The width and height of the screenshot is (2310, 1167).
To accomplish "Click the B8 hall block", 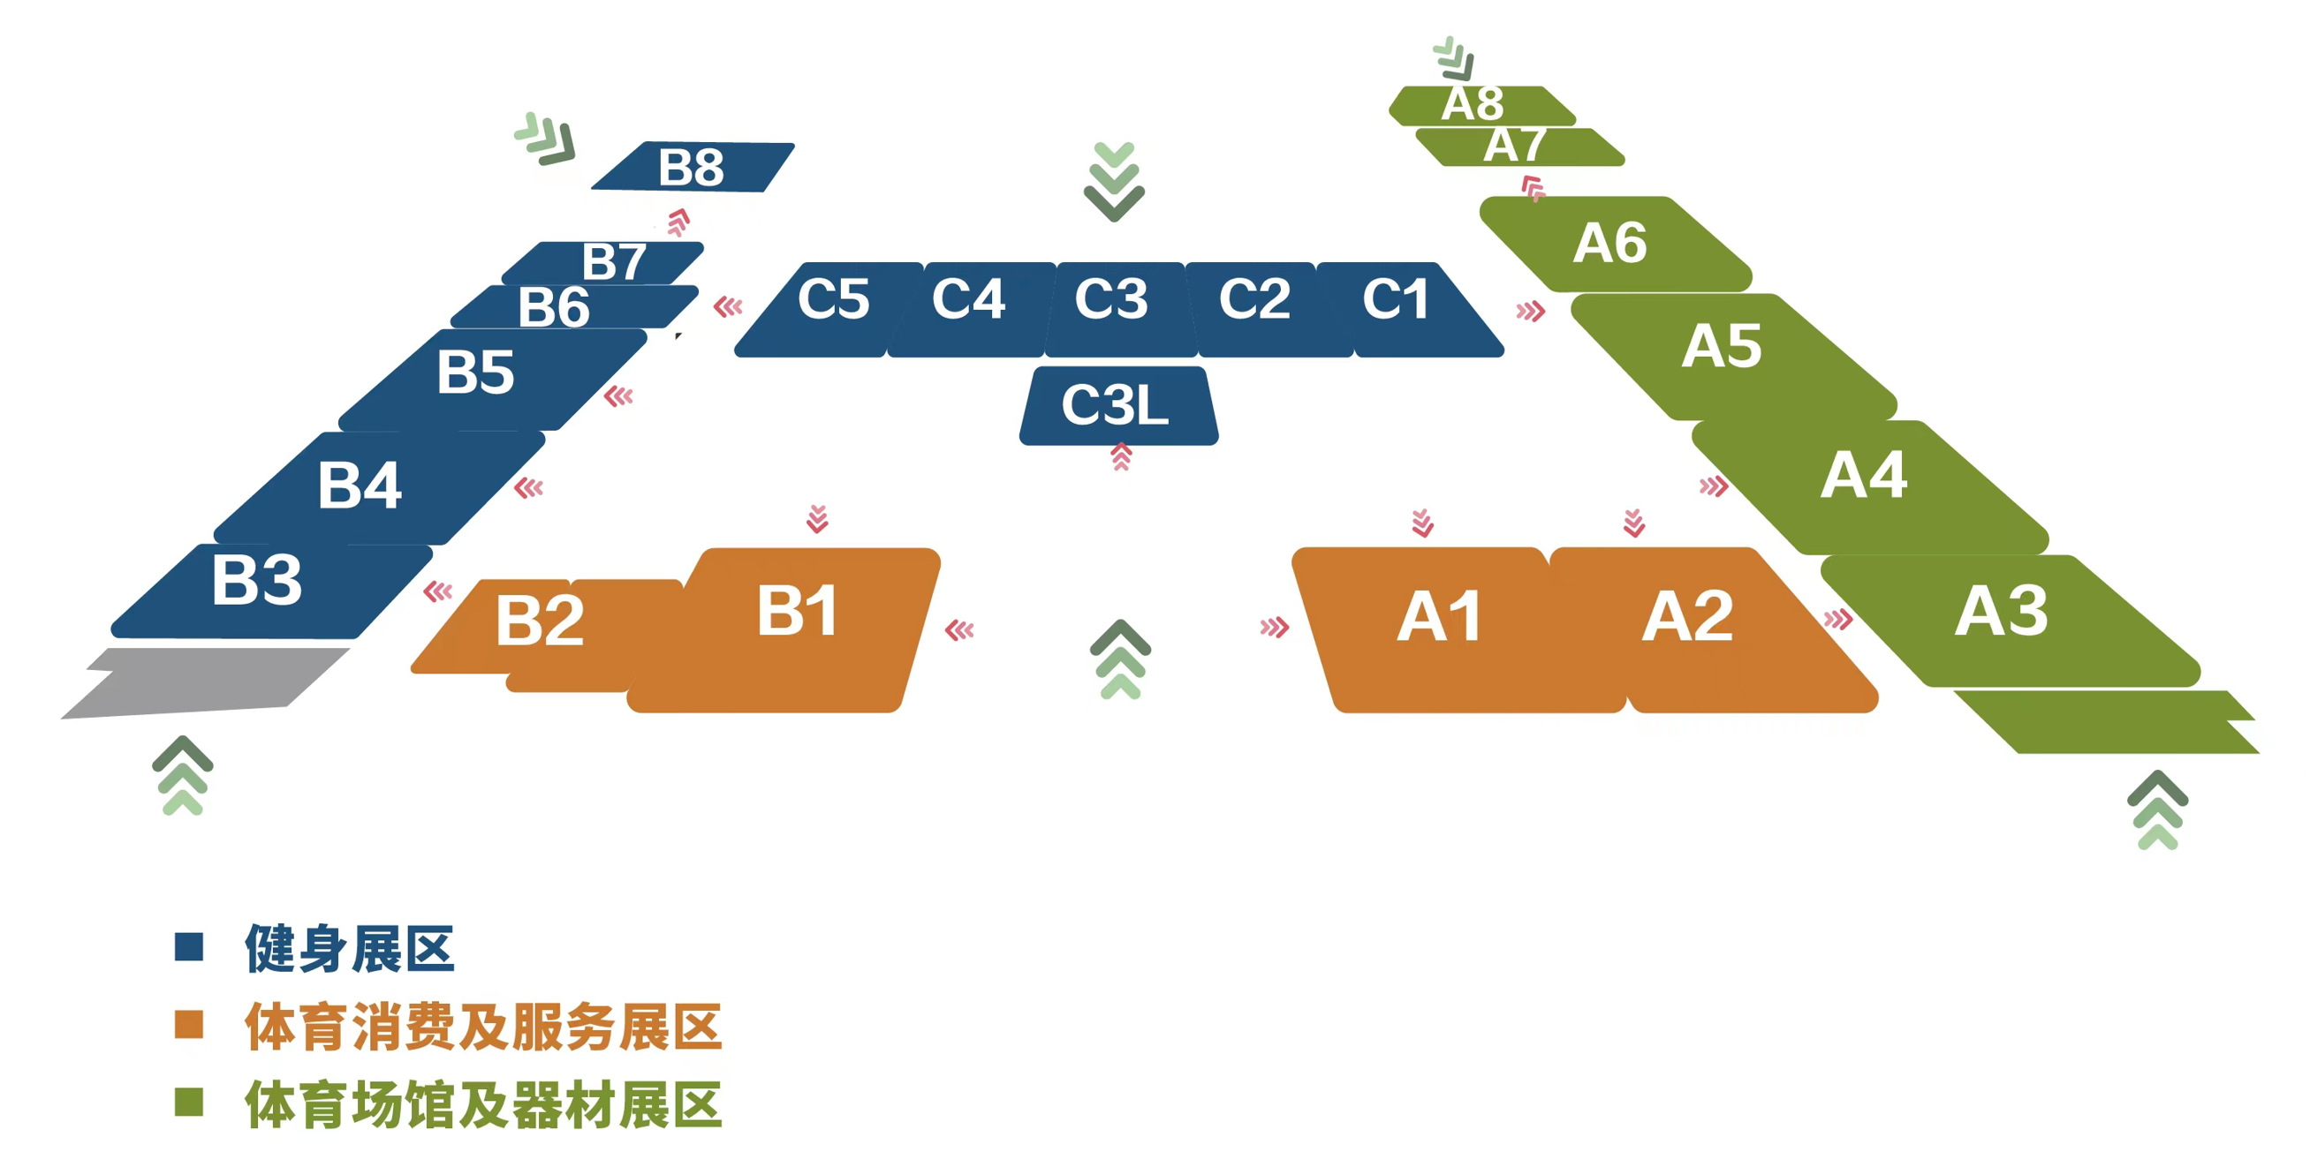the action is click(x=693, y=167).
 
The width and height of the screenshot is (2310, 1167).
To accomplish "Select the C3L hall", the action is click(x=1118, y=405).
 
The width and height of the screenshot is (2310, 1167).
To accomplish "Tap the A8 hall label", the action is click(x=1473, y=103).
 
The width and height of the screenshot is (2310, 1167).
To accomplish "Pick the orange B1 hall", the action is click(x=784, y=629).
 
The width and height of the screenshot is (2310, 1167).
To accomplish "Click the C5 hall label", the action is click(x=833, y=298).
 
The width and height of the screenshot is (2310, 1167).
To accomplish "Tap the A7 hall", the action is click(x=1520, y=147).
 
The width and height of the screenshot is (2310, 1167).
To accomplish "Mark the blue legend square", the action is click(x=189, y=946).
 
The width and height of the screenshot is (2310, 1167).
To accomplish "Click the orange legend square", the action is click(x=189, y=1025).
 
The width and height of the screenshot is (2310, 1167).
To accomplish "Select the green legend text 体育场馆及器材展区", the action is click(x=483, y=1104).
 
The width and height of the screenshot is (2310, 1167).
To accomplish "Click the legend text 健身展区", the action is click(x=350, y=948).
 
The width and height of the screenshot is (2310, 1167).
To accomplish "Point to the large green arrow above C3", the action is click(x=1115, y=181).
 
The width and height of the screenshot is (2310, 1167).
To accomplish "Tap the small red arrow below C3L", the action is click(x=1121, y=457).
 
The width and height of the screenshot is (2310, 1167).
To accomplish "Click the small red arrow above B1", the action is click(x=817, y=519).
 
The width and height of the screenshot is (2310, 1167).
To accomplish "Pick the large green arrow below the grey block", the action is click(x=183, y=775).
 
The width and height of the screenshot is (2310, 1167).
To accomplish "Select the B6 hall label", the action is click(x=554, y=307).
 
